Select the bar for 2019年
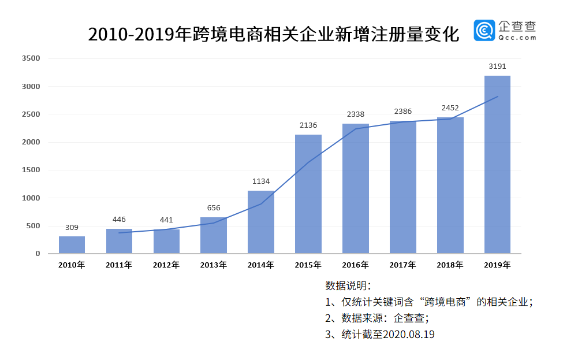coord(497,165)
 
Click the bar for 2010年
coord(72,244)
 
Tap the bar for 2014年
coord(261,222)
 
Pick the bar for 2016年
coord(355,188)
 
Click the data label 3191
coord(497,66)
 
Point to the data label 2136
coord(308,125)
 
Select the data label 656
coord(214,208)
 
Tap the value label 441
coord(166,220)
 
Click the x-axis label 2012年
coord(166,265)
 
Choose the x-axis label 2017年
coord(402,265)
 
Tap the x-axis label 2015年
coord(308,265)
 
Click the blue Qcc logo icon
coord(484,31)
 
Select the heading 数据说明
coord(348,285)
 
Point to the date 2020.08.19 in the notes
coord(409,335)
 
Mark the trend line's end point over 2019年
coord(497,97)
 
